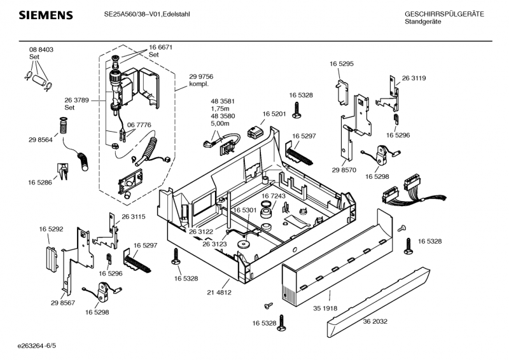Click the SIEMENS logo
(x=45, y=15)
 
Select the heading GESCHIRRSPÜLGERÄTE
(x=444, y=13)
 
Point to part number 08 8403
(x=41, y=50)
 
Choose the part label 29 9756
(x=200, y=76)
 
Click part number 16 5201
(x=274, y=114)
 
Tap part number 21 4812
(x=219, y=292)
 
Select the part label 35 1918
(x=325, y=308)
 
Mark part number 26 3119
(x=414, y=78)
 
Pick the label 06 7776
(x=139, y=125)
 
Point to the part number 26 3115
(x=134, y=217)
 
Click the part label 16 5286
(x=39, y=183)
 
